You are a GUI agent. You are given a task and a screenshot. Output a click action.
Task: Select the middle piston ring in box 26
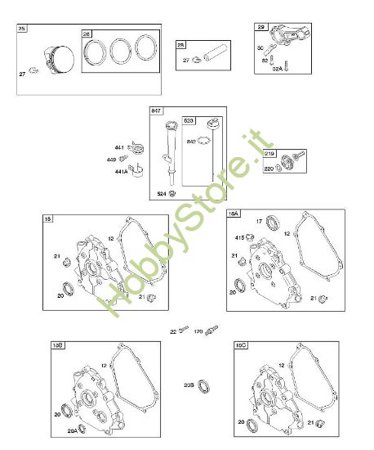tap(122, 52)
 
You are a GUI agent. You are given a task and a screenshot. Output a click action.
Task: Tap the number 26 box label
tap(87, 34)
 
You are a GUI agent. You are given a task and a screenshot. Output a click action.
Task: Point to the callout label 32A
tap(278, 70)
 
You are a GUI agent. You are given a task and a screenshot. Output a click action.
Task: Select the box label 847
tap(157, 110)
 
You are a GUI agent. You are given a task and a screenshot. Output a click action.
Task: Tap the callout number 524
tap(162, 194)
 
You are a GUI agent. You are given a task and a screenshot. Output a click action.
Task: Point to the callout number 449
tap(113, 160)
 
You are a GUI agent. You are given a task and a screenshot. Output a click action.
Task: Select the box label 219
tap(270, 153)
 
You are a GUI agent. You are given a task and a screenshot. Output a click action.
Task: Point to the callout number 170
tap(198, 331)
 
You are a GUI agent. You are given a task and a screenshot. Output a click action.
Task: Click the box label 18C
tap(240, 346)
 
